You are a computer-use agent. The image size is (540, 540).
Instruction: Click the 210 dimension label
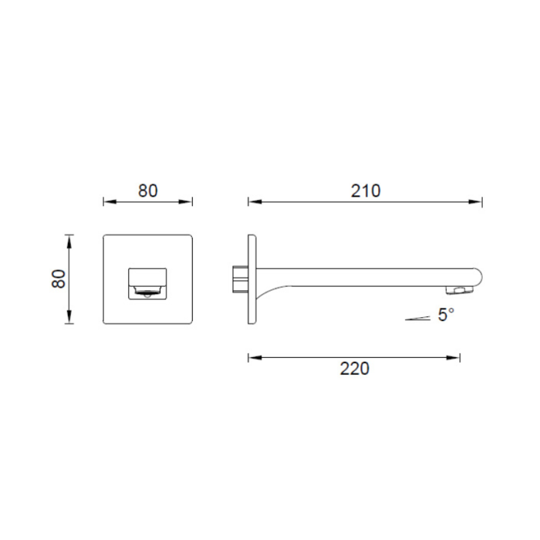tap(366, 191)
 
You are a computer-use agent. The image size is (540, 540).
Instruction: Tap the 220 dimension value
tap(355, 369)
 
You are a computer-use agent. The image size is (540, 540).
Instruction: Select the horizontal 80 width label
tap(148, 191)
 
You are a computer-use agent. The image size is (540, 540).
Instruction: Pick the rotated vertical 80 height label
tap(59, 279)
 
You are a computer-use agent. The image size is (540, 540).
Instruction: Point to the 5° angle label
tap(447, 315)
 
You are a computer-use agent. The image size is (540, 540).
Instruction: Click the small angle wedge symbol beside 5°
tap(418, 319)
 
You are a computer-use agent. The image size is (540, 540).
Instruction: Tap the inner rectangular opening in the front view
tap(148, 284)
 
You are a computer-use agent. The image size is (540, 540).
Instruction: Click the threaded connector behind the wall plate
tap(241, 278)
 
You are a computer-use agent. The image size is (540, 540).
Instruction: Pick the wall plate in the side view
tap(251, 279)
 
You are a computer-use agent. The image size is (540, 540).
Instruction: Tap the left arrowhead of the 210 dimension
tap(255, 202)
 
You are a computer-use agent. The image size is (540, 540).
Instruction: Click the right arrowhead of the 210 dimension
tap(475, 202)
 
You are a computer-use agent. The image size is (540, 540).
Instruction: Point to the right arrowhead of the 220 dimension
tap(453, 358)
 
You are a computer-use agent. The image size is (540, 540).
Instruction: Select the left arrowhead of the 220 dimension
tap(255, 358)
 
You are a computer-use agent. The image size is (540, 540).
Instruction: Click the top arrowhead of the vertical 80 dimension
tap(69, 241)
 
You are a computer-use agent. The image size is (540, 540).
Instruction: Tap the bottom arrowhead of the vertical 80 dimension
tap(69, 317)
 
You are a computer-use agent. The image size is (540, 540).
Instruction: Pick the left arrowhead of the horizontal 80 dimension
tap(110, 202)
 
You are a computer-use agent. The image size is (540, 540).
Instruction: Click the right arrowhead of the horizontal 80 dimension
tap(185, 202)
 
